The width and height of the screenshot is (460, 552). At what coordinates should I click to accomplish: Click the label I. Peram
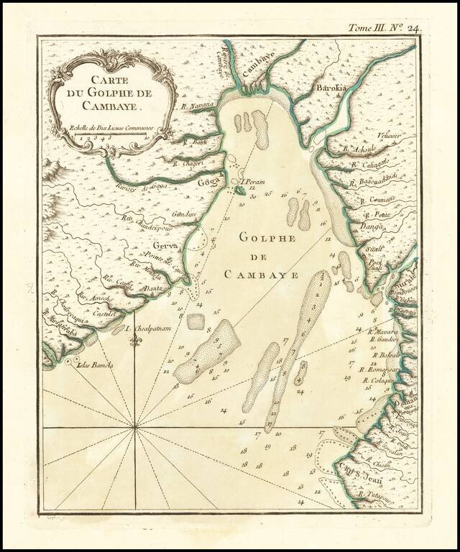(x=254, y=182)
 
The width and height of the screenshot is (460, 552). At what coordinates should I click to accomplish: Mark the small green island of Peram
(x=238, y=190)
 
